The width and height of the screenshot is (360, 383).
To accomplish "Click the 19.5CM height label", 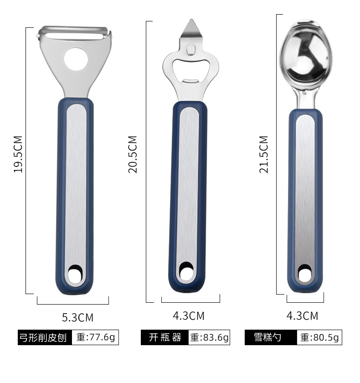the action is tap(18, 155).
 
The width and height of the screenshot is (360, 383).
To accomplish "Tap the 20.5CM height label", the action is tap(133, 155).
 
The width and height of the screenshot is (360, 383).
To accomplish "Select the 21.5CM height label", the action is tap(263, 155).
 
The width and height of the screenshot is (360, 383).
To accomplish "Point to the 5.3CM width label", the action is tap(77, 317).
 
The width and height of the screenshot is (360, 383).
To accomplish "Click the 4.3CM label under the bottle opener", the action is tap(189, 316).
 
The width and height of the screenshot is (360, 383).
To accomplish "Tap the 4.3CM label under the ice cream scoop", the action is tap(303, 316).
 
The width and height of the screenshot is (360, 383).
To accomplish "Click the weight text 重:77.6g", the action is tap(95, 337).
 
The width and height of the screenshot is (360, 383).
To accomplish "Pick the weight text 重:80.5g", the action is tap(319, 337).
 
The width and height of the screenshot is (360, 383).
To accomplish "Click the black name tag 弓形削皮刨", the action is tap(45, 337).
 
